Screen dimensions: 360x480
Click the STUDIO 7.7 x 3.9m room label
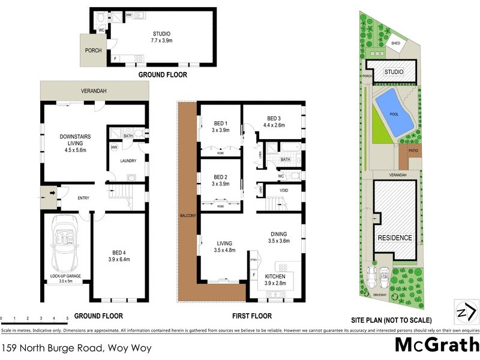[161, 37]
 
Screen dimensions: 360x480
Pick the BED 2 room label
[219, 180]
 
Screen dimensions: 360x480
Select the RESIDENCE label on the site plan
[395, 238]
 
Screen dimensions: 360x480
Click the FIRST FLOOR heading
[251, 316]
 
